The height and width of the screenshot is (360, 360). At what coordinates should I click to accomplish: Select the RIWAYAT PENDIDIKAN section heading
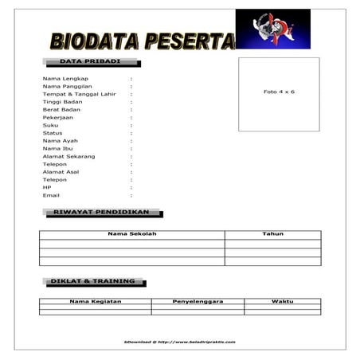101,213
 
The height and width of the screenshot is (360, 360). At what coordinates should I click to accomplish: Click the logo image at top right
272,29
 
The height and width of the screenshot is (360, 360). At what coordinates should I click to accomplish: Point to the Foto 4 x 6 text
279,92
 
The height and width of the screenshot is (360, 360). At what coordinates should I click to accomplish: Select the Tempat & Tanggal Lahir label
79,94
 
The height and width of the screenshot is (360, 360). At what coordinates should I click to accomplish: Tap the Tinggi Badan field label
62,102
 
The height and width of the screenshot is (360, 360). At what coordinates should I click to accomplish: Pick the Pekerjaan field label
57,117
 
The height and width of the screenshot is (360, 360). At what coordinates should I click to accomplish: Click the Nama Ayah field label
60,140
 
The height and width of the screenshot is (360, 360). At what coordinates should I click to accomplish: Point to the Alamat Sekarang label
68,156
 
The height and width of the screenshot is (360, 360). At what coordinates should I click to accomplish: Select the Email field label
51,195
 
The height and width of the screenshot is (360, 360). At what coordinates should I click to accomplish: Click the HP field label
47,187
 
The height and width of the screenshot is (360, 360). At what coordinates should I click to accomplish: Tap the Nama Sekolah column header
132,234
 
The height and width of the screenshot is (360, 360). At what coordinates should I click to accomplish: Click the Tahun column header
272,234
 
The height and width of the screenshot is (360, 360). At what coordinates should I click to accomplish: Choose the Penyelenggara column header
198,302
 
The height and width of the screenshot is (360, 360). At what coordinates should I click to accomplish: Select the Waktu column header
282,302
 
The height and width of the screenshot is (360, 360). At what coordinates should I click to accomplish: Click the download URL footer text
180,341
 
